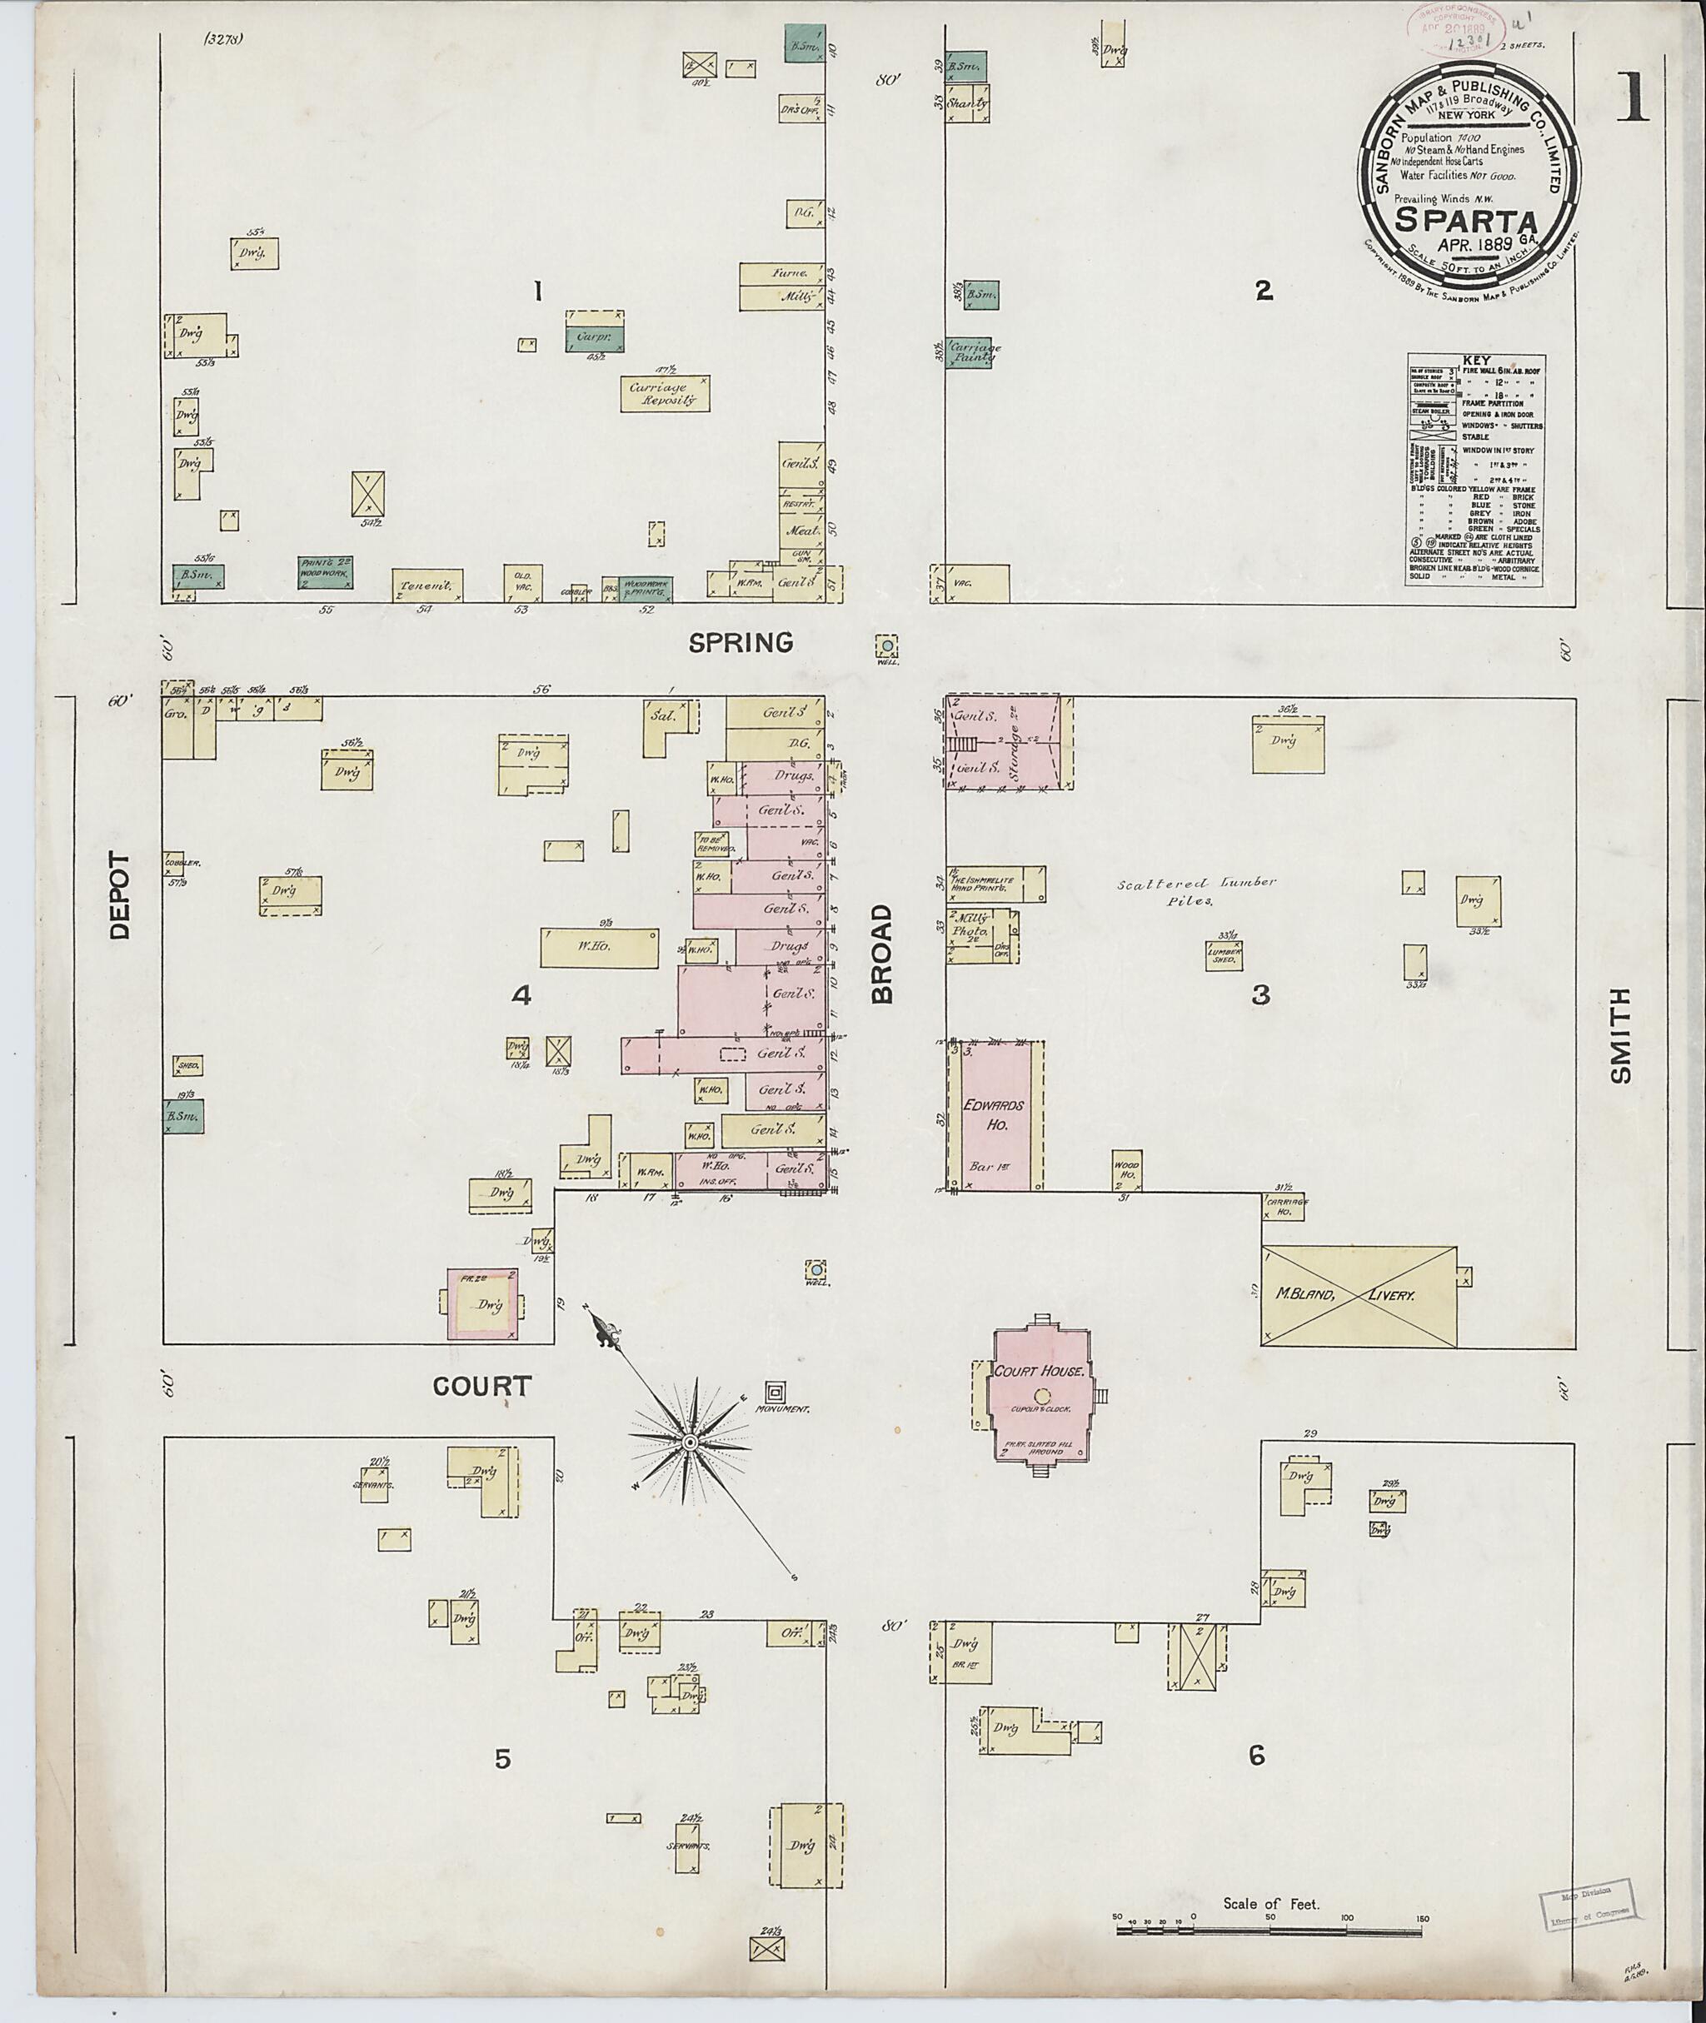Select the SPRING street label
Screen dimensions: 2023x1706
(x=741, y=642)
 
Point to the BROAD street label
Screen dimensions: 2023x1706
(x=882, y=954)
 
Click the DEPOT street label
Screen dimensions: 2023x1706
(x=119, y=894)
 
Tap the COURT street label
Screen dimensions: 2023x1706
(x=481, y=1386)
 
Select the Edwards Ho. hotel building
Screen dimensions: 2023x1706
(x=996, y=1114)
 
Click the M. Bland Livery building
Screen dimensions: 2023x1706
(x=1359, y=1295)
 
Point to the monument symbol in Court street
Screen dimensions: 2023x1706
(x=775, y=1392)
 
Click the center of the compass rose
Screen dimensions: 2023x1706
(x=690, y=1443)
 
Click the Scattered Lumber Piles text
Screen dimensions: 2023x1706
(x=1197, y=890)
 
